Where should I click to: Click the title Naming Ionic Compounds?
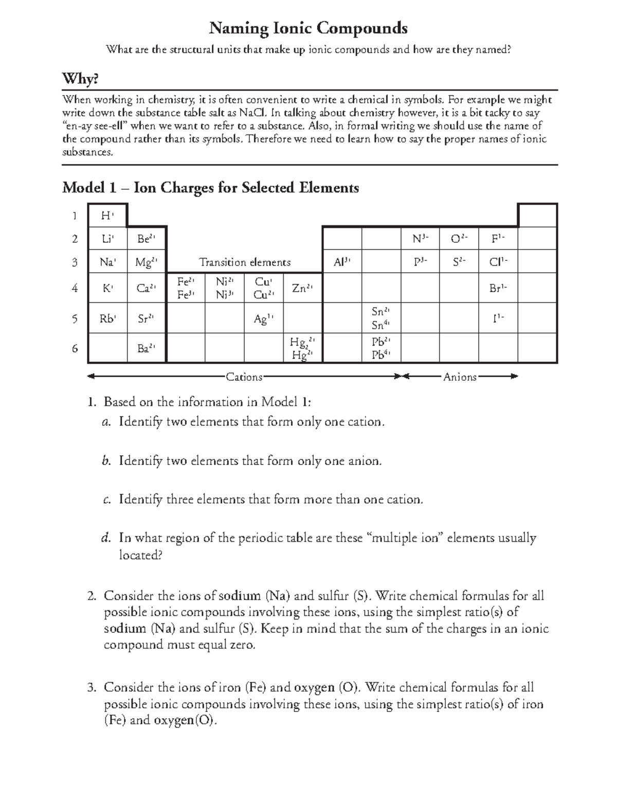tap(308, 28)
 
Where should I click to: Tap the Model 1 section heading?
tap(210, 188)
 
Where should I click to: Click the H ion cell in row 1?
tap(107, 216)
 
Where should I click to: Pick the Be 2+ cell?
tap(146, 239)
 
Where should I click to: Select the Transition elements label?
tap(245, 262)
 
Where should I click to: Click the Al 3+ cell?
tap(342, 262)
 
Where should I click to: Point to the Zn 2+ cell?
tap(302, 288)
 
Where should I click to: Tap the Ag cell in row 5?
tap(263, 319)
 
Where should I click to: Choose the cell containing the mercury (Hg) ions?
tap(302, 348)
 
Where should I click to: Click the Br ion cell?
tap(498, 288)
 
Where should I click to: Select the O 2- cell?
tap(459, 239)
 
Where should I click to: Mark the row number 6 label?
tap(75, 348)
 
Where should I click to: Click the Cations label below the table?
tap(244, 377)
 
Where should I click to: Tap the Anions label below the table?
tap(460, 377)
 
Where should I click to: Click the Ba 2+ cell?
tap(146, 348)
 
